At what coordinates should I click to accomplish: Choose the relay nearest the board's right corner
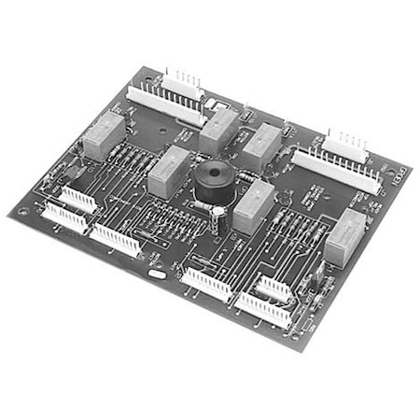click(344, 238)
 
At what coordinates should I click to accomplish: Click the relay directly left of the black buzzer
click(168, 172)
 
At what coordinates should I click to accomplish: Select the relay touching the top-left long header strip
click(218, 130)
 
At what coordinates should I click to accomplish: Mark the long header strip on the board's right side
click(335, 169)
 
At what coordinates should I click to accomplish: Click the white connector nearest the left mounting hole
click(63, 217)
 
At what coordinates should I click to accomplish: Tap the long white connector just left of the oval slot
click(115, 240)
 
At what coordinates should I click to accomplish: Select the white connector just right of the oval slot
click(206, 283)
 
